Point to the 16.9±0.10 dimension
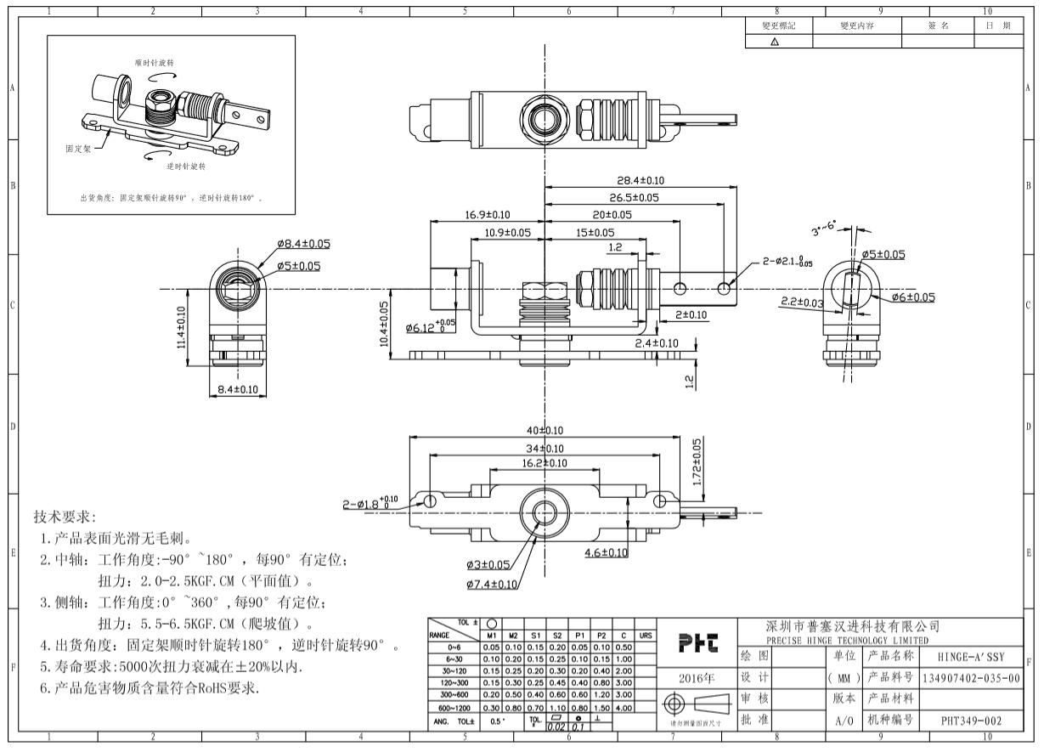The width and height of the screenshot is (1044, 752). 487,215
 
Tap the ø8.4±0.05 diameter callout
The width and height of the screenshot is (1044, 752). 303,244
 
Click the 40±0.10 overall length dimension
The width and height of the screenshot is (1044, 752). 545,430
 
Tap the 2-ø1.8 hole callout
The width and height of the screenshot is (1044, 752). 370,503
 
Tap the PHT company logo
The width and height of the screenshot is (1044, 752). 700,645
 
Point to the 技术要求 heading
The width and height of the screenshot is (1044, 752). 65,517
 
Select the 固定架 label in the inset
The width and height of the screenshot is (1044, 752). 78,148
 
